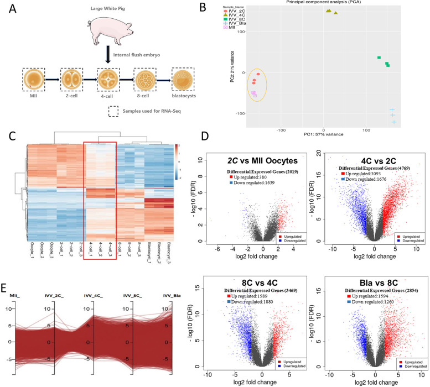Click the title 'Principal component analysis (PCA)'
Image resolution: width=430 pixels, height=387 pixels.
[317, 3]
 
